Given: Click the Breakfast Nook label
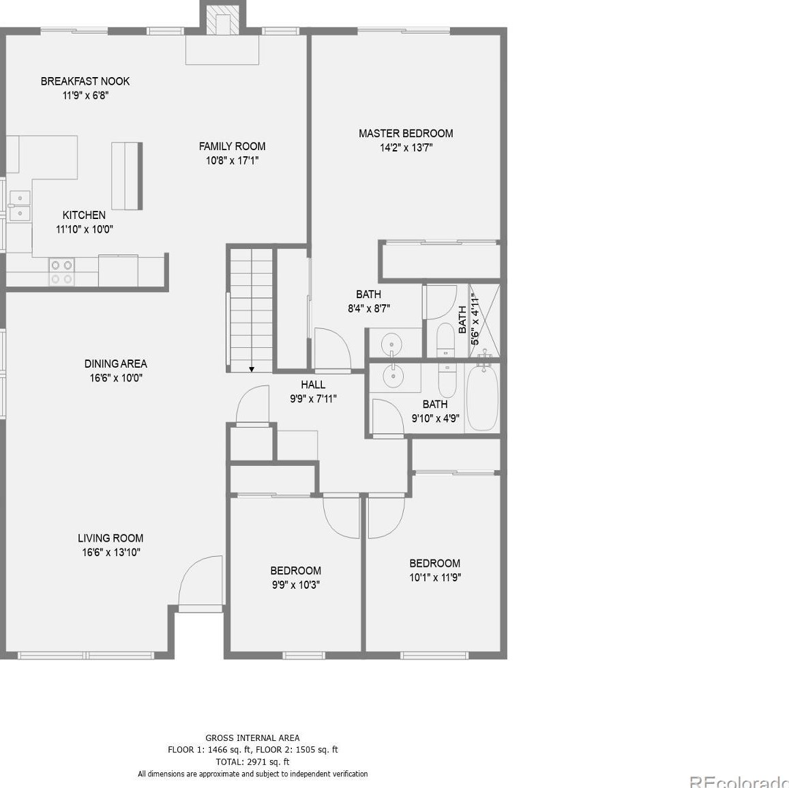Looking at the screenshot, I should [85, 81].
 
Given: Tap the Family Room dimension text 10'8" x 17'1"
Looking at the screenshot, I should [232, 161].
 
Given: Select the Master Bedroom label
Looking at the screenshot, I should [406, 133].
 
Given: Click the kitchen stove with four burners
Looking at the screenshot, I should [61, 272].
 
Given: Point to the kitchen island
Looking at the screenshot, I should [127, 175].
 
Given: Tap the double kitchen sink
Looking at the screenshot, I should [19, 205].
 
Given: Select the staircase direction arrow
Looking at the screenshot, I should [252, 369].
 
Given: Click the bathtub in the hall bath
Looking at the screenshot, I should [483, 397].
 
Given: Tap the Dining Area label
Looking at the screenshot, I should [115, 364].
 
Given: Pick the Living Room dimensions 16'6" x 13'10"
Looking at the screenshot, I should [110, 553].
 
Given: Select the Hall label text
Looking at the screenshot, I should [313, 385].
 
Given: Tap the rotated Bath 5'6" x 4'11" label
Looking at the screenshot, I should [468, 319].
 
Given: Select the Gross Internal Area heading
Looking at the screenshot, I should [252, 738].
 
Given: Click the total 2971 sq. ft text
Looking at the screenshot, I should [252, 761].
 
